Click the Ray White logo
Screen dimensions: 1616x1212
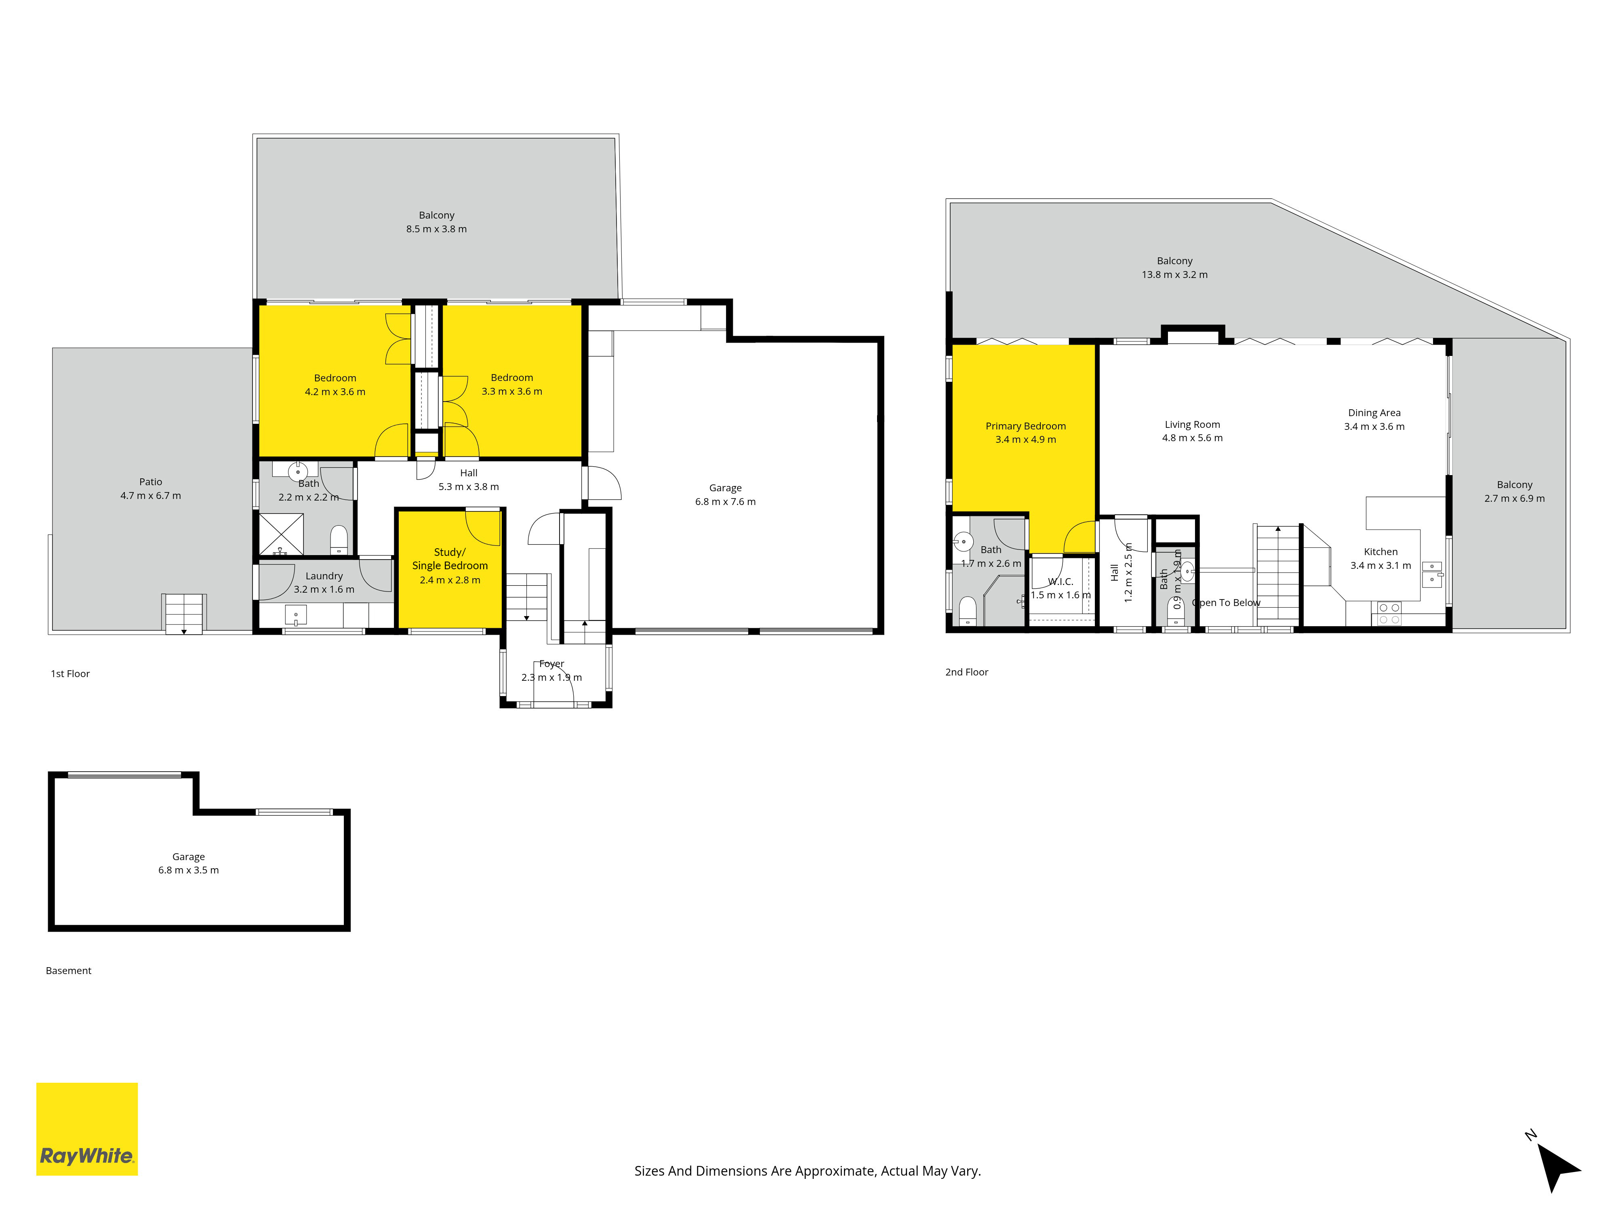(87, 1129)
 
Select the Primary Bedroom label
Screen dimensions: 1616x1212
(1026, 426)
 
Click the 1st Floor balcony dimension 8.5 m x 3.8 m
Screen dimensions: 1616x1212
(437, 229)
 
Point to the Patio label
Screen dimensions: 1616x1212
(151, 482)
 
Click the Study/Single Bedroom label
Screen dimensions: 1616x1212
(450, 559)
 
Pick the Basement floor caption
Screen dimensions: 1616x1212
(69, 971)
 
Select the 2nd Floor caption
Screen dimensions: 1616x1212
(966, 672)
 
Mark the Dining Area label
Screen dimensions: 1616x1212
(1374, 413)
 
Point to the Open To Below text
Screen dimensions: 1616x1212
(1227, 603)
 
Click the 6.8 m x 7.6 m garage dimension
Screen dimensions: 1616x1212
(726, 502)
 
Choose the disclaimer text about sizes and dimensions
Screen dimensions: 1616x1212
(807, 1171)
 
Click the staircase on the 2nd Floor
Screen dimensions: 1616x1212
(1278, 574)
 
